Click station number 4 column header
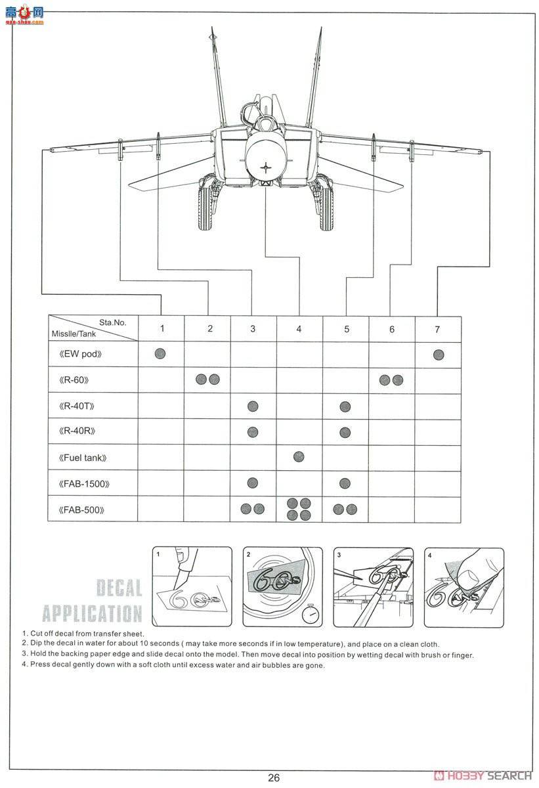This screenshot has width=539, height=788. pyautogui.click(x=299, y=329)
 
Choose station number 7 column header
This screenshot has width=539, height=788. pyautogui.click(x=437, y=329)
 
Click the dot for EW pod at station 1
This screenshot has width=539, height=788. pyautogui.click(x=160, y=354)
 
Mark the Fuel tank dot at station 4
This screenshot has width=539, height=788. pyautogui.click(x=299, y=457)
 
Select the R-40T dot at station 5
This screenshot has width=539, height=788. pyautogui.click(x=345, y=406)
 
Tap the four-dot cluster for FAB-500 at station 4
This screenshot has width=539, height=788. pyautogui.click(x=299, y=510)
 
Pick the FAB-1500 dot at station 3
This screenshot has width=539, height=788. pyautogui.click(x=253, y=483)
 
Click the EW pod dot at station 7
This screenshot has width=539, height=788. pyautogui.click(x=439, y=355)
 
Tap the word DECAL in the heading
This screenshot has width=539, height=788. pyautogui.click(x=119, y=588)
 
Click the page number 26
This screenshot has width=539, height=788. pyautogui.click(x=274, y=777)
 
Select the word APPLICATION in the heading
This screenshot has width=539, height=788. pyautogui.click(x=92, y=613)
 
